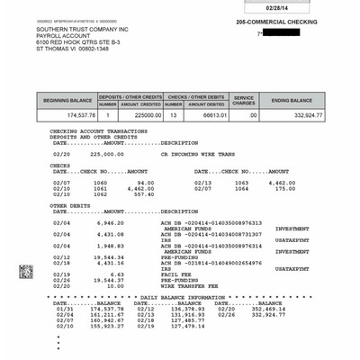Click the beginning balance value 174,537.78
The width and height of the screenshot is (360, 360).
(x=78, y=115)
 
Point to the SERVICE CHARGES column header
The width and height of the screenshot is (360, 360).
(x=244, y=100)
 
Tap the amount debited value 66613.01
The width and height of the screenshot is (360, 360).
(x=208, y=115)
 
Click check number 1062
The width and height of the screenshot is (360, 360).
(x=99, y=194)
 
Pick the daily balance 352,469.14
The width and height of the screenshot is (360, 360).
(x=269, y=307)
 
